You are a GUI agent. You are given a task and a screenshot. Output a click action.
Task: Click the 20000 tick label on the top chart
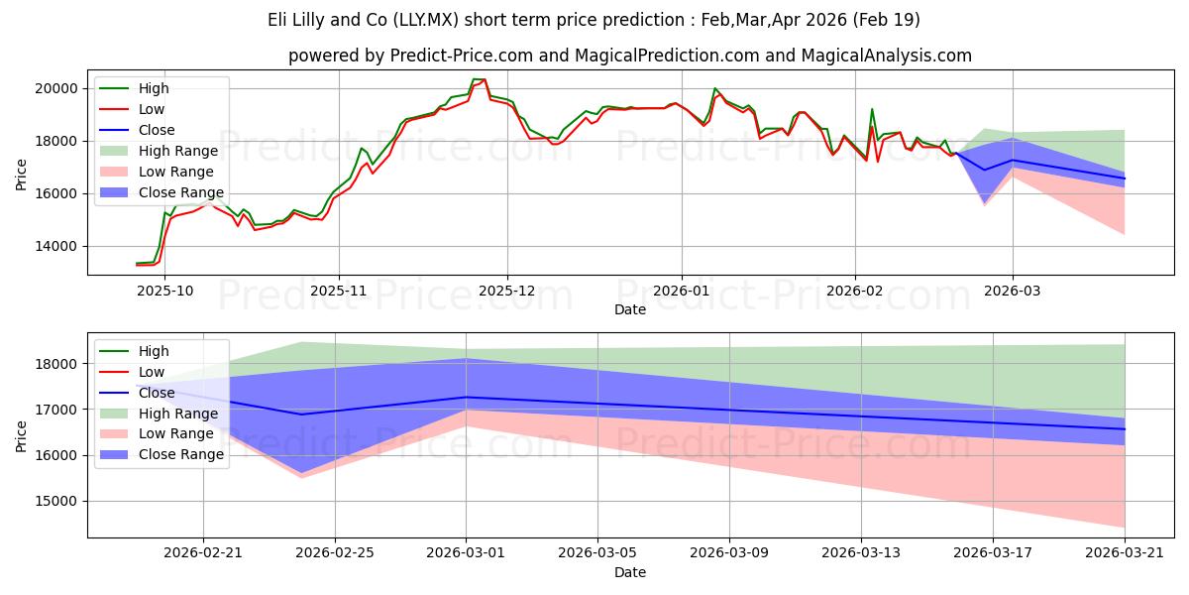click(57, 88)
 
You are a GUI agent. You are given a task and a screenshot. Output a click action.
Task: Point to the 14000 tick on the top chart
click(57, 246)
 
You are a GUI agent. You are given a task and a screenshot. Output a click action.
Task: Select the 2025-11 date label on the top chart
click(339, 290)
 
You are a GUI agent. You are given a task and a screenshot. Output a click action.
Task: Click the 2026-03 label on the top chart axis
click(1013, 290)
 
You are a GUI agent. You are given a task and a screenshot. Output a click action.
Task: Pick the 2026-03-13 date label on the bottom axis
click(861, 552)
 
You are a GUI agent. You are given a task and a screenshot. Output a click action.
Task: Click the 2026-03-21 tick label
click(1125, 552)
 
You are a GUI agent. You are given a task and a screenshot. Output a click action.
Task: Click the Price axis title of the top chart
click(22, 174)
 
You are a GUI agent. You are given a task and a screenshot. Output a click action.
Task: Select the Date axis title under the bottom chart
click(630, 572)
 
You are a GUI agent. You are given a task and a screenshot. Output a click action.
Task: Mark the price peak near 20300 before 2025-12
click(483, 79)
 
